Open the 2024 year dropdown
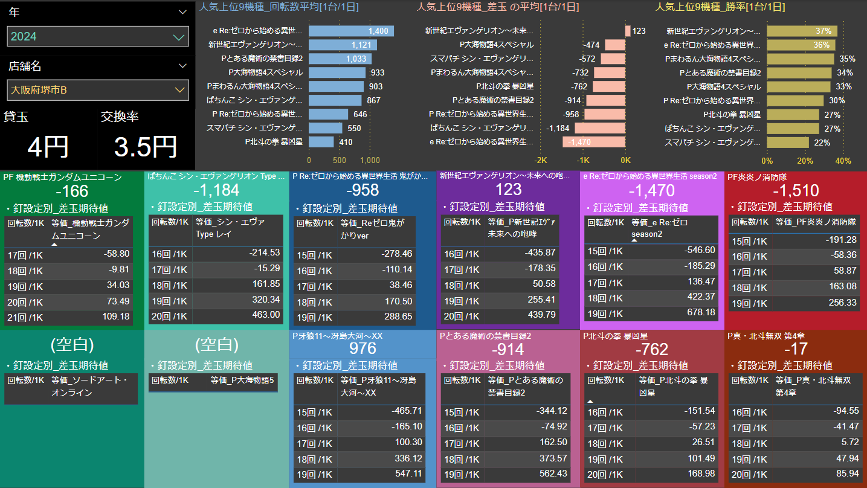click(x=98, y=36)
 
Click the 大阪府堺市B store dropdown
click(x=98, y=91)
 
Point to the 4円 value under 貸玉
click(x=48, y=147)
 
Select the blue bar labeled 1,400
click(x=351, y=31)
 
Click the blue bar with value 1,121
click(x=343, y=45)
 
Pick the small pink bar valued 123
click(x=628, y=31)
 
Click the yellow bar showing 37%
click(x=802, y=31)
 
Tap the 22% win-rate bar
click(x=788, y=142)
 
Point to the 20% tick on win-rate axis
click(x=805, y=161)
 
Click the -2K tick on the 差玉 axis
click(x=540, y=161)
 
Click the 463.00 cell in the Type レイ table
click(x=266, y=315)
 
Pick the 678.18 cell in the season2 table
click(x=700, y=313)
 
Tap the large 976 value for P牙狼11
click(x=363, y=348)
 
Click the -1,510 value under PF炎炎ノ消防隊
click(x=796, y=191)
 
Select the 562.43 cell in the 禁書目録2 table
click(x=552, y=474)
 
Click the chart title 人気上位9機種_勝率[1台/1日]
click(x=720, y=7)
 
